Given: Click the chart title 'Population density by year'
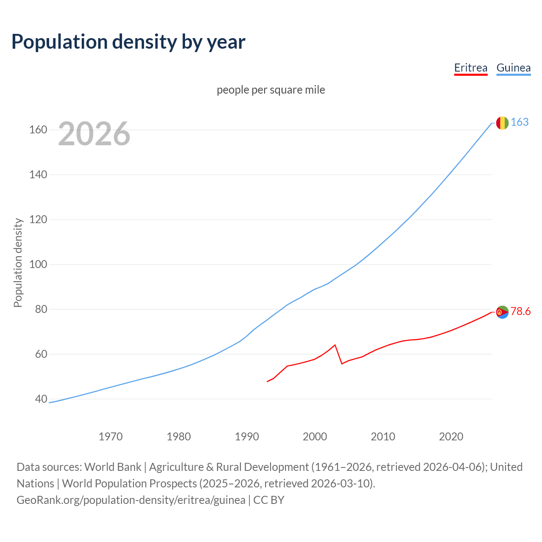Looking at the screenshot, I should (128, 41).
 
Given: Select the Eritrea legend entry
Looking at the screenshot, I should (470, 68).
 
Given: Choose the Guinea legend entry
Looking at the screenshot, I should (513, 68).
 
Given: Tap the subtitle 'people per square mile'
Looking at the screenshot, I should (271, 90).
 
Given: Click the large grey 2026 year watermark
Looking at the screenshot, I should (94, 134).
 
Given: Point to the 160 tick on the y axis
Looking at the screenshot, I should (38, 130).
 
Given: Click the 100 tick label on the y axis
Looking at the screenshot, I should (38, 264).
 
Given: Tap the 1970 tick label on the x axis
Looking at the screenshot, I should (111, 436).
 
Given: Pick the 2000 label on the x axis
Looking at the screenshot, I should (315, 436).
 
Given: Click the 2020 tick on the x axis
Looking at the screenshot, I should (451, 436).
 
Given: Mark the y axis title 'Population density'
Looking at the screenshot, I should (18, 263).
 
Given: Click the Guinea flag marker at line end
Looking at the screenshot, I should (502, 123).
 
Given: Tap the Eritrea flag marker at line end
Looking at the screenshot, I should (502, 312).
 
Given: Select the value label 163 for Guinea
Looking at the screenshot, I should (520, 122).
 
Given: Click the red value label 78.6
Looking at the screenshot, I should (520, 312).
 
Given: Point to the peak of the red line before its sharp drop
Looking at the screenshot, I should (335, 345).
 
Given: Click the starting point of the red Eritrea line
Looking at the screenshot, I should (267, 382).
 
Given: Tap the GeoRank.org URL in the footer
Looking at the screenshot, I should (131, 500).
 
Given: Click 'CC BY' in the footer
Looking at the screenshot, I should (269, 500).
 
